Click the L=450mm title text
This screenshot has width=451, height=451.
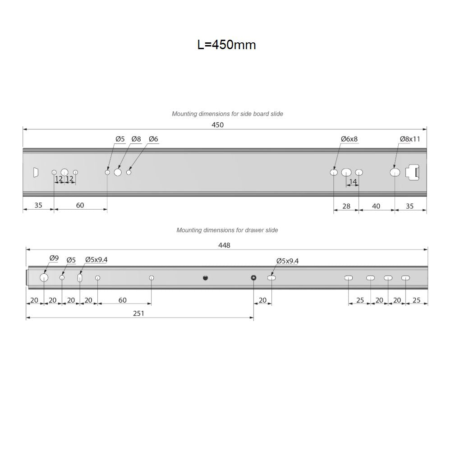point(226,45)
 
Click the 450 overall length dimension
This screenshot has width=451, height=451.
point(218,125)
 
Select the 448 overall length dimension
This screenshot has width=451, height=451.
point(224,245)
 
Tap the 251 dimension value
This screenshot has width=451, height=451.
point(139,313)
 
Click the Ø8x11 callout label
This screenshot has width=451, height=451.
point(410,139)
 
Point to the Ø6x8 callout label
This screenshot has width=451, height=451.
point(349,139)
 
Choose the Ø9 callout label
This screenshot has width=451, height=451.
point(54,258)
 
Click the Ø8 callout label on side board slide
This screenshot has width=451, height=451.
point(136,139)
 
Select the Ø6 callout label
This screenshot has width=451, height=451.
point(153,139)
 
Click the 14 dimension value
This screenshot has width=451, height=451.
point(353,181)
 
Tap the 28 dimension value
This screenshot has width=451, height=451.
point(346,206)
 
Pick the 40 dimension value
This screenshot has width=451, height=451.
point(376,206)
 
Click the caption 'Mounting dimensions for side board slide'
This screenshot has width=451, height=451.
point(227,114)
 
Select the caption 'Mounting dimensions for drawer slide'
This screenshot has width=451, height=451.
point(227,230)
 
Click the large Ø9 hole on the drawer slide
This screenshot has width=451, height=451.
point(44,277)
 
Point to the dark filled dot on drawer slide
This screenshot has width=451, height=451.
point(205,277)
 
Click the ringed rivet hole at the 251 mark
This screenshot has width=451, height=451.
point(253,277)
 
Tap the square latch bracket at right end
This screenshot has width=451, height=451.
point(413,172)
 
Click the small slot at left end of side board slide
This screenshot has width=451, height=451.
point(35,172)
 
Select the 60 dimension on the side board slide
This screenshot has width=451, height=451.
point(80,205)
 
